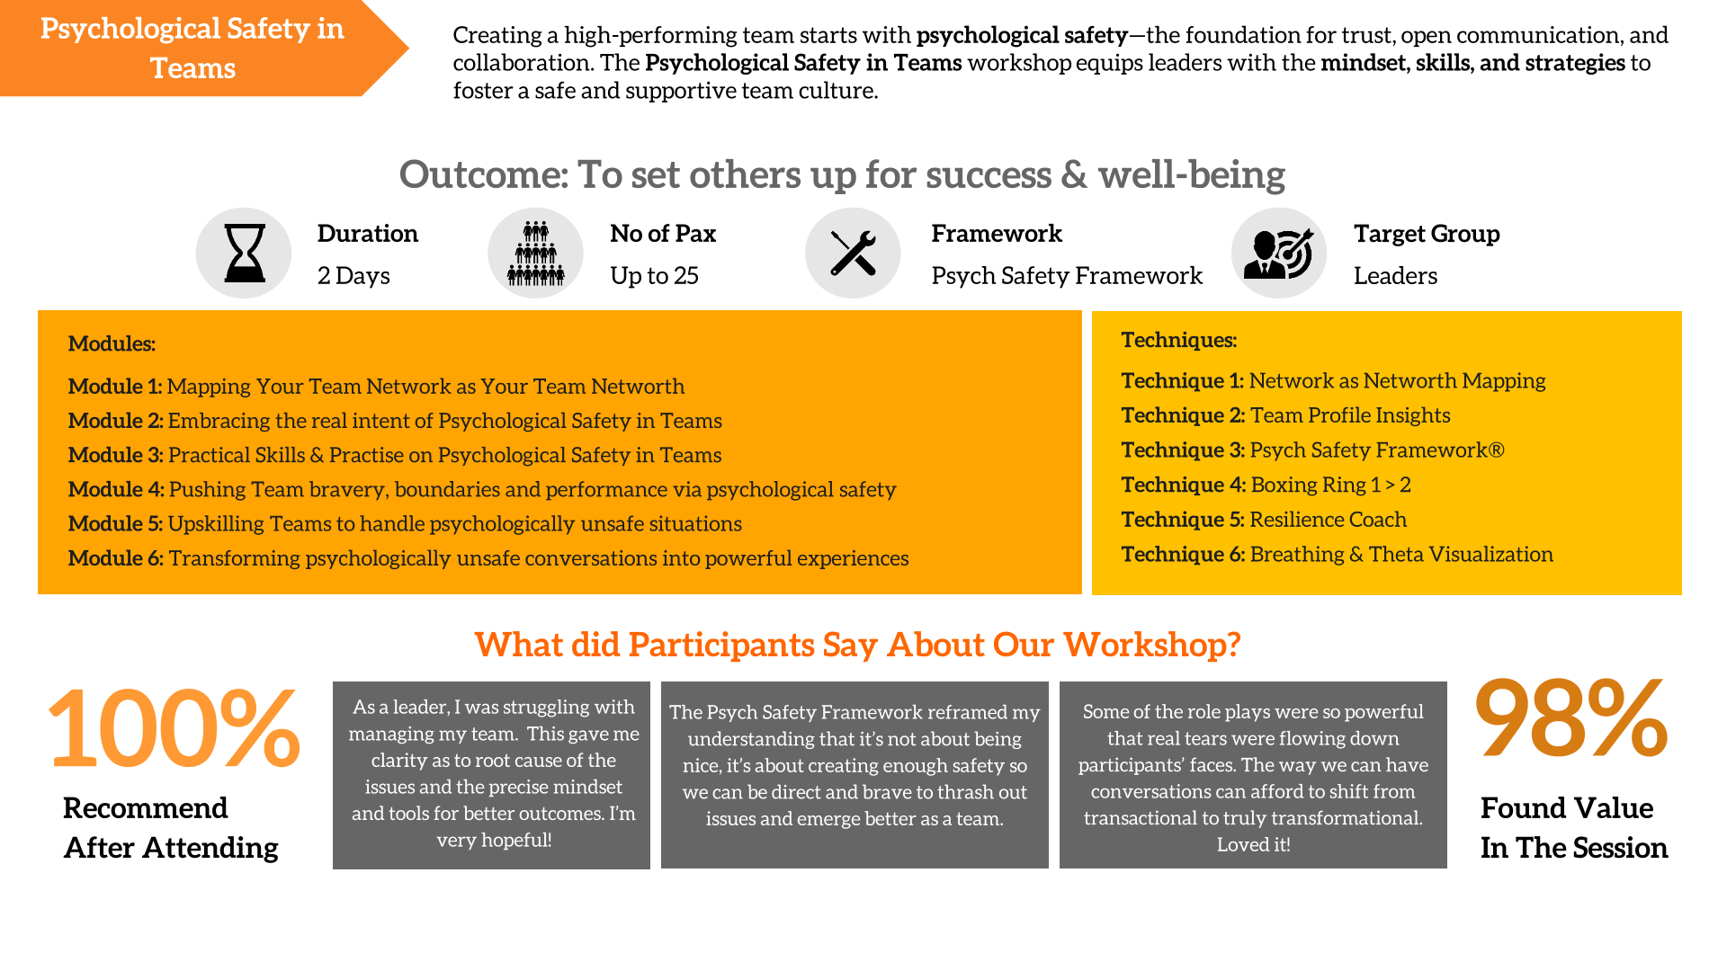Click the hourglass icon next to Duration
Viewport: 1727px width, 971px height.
coord(244,254)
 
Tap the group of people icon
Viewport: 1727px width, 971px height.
coord(536,254)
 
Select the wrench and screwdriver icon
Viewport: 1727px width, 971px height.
coord(853,253)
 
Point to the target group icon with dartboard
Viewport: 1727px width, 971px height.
coord(1278,254)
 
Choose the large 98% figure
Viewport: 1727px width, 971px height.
coord(1571,717)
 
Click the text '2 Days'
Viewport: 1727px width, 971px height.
coord(353,276)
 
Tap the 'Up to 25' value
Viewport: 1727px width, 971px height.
coord(654,276)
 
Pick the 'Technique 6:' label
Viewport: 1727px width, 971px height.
coord(1183,555)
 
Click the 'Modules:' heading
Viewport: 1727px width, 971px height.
coord(112,343)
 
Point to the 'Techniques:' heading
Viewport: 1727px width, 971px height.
coord(1178,340)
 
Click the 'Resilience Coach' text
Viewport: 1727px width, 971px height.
coord(1328,520)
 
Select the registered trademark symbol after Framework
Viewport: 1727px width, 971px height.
coord(1497,450)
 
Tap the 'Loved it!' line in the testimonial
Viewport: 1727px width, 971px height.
coord(1253,845)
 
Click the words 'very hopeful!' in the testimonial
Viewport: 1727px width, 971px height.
coord(494,841)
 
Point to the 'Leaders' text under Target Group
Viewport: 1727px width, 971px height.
coord(1395,276)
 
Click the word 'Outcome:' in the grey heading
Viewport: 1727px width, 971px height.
coord(484,174)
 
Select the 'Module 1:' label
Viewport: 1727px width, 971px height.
coord(115,387)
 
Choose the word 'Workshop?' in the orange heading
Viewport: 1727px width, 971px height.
coord(1152,646)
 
